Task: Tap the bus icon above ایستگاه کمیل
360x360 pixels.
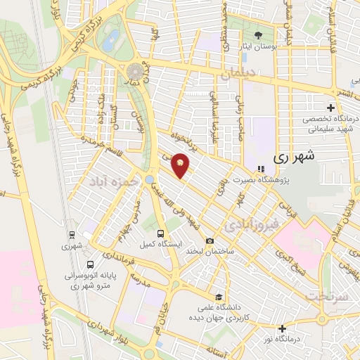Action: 161,233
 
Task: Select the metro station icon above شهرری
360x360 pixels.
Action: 72,235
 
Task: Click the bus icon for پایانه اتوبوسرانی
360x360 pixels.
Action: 90,265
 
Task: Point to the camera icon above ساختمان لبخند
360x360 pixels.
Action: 210,241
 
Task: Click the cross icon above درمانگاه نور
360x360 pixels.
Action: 282,328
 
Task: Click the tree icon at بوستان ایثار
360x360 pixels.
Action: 257,34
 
